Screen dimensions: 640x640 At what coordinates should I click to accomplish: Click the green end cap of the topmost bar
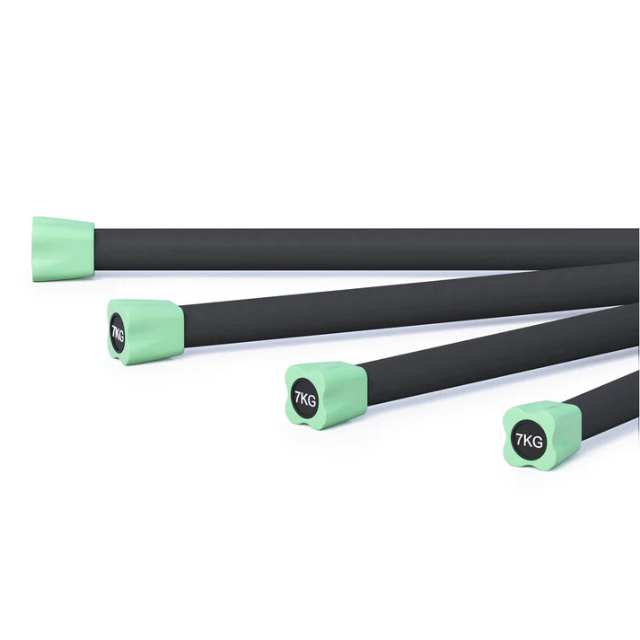63,249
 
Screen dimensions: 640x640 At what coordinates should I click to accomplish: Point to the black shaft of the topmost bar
366,249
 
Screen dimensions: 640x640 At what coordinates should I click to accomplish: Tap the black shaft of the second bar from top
408,306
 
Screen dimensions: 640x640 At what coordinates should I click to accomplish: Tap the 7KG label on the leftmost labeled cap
118,333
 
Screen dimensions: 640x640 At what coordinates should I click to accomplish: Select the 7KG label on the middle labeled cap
305,399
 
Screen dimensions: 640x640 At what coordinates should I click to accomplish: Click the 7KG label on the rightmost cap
529,441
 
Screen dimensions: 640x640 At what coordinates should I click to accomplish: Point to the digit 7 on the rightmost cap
519,440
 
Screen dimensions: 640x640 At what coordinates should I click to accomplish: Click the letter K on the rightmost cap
527,441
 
